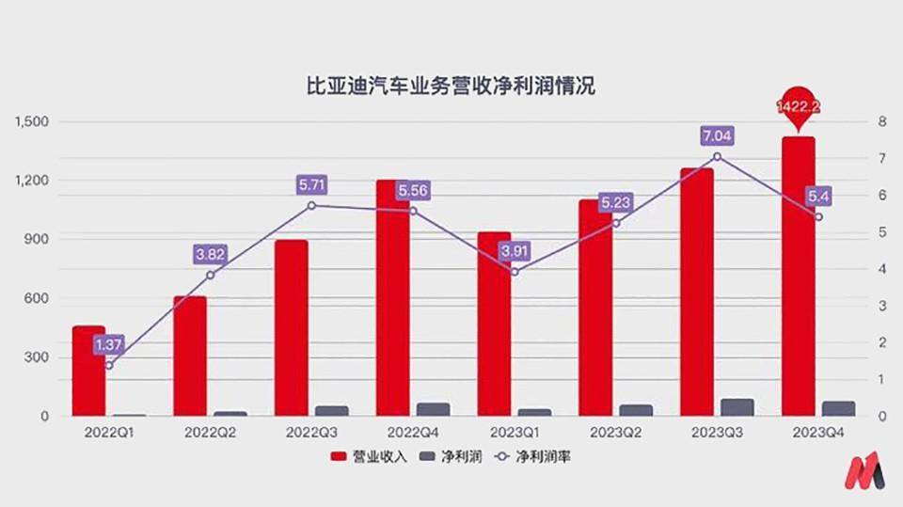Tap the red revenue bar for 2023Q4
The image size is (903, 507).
[798, 275]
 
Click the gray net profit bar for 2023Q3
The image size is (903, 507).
[737, 406]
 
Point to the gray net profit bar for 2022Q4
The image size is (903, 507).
[433, 408]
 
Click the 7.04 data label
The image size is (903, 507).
[717, 136]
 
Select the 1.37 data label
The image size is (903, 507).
[109, 345]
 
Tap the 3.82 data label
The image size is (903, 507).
[211, 253]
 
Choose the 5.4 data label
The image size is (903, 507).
[817, 197]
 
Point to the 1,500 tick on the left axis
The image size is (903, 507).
[32, 121]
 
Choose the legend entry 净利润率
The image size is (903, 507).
[534, 457]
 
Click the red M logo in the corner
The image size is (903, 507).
[863, 470]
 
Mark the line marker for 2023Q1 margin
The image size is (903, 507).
[514, 272]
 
